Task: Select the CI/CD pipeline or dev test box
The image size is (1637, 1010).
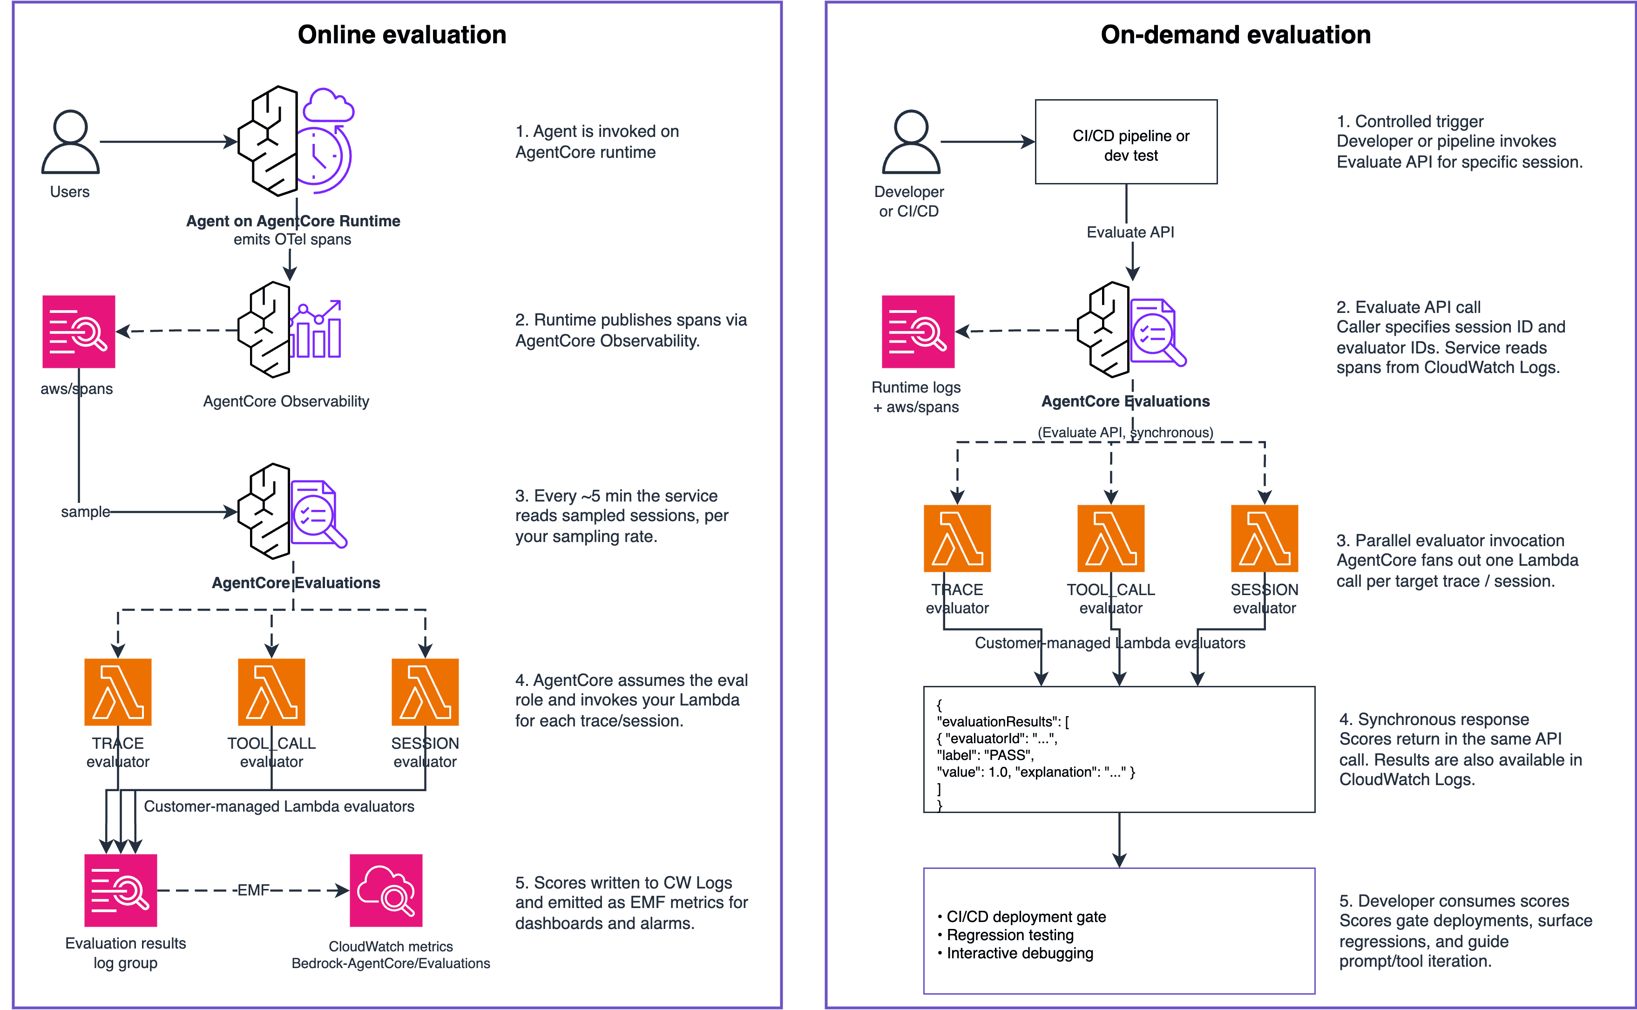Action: click(1126, 142)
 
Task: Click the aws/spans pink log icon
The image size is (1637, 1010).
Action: click(79, 332)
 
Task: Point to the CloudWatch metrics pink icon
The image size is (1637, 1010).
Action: click(386, 890)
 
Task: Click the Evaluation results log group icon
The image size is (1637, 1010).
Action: click(121, 890)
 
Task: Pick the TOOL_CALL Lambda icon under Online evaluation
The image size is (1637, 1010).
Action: click(272, 692)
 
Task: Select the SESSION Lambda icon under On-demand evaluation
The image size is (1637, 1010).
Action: click(1265, 538)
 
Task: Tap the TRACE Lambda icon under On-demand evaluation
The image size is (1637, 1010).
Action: click(957, 538)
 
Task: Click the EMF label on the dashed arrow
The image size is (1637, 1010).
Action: click(254, 890)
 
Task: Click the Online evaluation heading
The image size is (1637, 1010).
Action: click(402, 35)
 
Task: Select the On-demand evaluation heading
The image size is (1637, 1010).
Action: click(1236, 35)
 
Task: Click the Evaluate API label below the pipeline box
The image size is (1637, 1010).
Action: click(1130, 232)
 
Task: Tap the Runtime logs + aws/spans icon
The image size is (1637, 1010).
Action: click(918, 332)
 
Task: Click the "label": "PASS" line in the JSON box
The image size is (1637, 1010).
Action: click(986, 755)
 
